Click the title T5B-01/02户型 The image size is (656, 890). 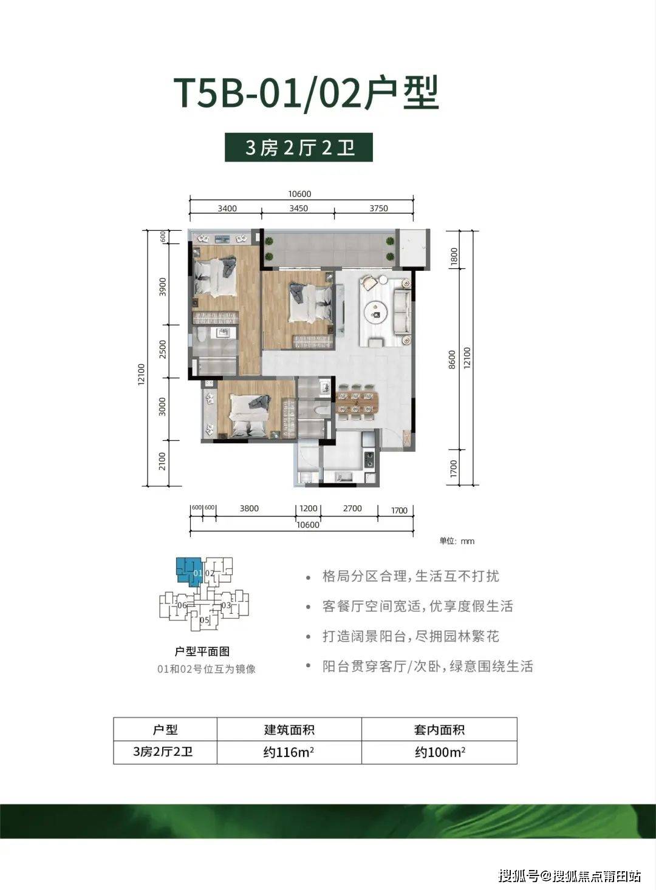(x=306, y=93)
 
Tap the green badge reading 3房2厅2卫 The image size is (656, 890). (x=298, y=148)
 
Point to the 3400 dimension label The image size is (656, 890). (x=227, y=208)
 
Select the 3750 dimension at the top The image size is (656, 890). (x=378, y=208)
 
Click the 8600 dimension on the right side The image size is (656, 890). (x=451, y=359)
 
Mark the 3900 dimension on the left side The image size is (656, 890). (x=162, y=287)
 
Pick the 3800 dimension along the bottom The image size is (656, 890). (x=248, y=509)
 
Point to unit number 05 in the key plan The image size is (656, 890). (x=205, y=620)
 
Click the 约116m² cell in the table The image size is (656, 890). (x=289, y=752)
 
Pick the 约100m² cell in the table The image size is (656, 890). (x=440, y=752)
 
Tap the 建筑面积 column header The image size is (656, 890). (x=289, y=730)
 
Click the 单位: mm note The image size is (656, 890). (x=457, y=541)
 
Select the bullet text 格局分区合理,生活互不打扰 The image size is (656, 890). (x=411, y=576)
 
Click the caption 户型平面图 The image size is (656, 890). (x=202, y=651)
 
